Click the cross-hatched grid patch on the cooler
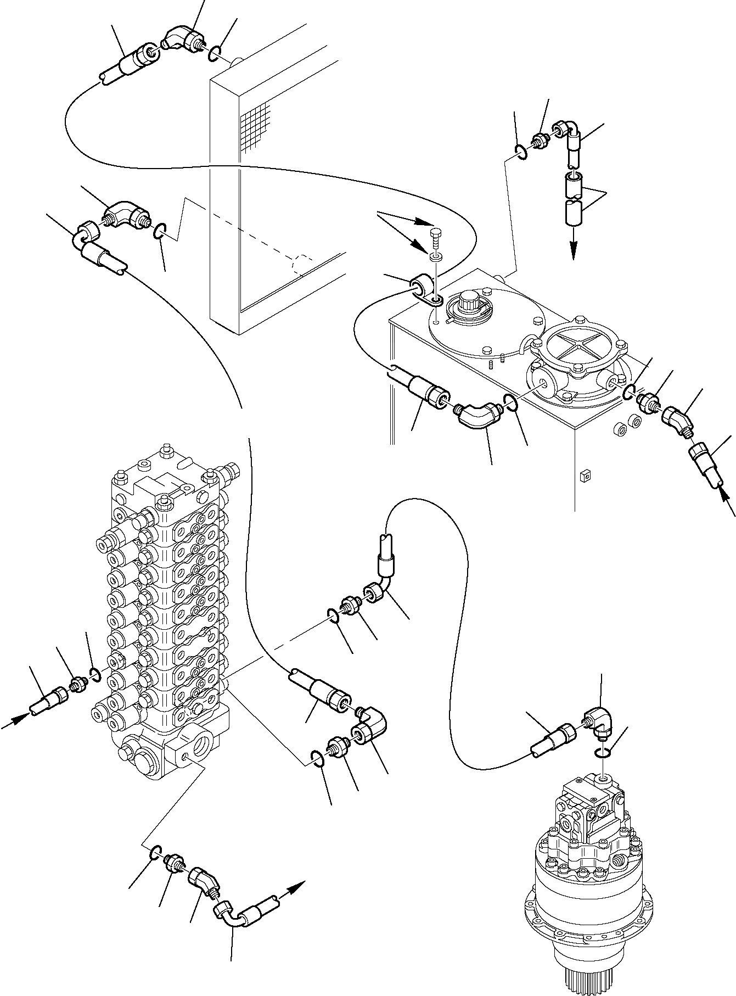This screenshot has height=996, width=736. point(256,124)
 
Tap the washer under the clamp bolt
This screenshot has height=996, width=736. point(436,257)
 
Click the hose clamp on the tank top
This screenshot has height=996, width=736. point(427,290)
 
